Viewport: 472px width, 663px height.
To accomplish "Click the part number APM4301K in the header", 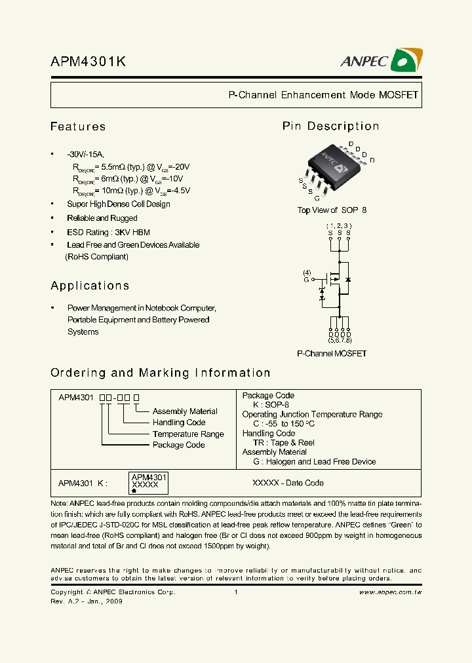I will click(x=88, y=62).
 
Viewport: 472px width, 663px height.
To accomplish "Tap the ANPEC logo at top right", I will click(x=381, y=60).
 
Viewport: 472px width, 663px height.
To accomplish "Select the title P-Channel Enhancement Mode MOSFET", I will click(x=323, y=95).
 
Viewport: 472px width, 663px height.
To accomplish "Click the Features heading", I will click(x=78, y=126).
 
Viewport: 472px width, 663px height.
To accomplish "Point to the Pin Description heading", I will click(x=330, y=126).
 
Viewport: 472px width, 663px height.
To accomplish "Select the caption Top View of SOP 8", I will click(x=332, y=210).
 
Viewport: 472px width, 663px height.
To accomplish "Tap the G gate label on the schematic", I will click(x=306, y=280).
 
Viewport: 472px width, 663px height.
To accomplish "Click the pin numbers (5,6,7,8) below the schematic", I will click(x=340, y=341).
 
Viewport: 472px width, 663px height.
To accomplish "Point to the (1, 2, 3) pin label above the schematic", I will click(x=339, y=225).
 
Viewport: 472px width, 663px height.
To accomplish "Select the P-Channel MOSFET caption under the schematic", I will click(x=332, y=354).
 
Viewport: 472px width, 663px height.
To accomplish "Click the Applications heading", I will click(x=90, y=286).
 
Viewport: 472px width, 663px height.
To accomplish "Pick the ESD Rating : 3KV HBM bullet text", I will click(x=108, y=232).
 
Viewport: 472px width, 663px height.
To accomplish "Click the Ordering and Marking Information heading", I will click(x=161, y=373).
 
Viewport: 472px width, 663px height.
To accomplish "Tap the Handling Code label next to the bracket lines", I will click(x=179, y=423).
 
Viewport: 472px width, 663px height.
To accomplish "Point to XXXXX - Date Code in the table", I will click(x=288, y=483).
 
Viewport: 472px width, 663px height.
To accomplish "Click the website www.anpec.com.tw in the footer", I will click(x=390, y=592).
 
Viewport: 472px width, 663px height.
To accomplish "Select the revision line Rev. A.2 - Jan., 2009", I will click(x=87, y=601).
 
